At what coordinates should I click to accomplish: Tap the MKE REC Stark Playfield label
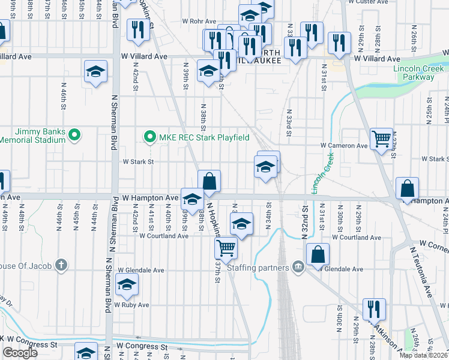203,137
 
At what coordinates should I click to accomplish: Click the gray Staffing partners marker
297,266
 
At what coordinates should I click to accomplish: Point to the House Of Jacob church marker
61,265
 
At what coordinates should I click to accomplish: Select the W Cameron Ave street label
343,146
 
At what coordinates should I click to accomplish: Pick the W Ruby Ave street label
133,305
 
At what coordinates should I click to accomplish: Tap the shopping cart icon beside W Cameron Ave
381,139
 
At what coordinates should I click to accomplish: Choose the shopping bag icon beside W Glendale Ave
318,254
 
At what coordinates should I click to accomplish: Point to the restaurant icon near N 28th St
374,309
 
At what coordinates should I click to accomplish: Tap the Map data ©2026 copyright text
424,355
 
